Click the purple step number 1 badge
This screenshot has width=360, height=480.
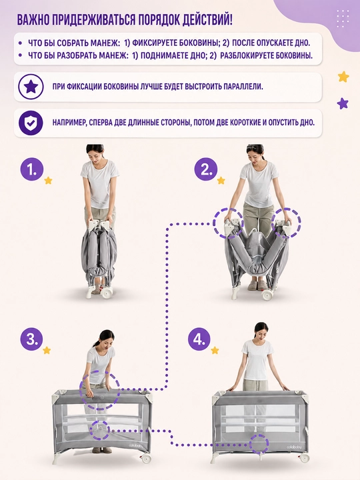pos(32,169)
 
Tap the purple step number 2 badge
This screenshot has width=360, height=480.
pos(206,169)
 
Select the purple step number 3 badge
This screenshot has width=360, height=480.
pos(32,339)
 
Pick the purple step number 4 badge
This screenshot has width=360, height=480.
pos(199,339)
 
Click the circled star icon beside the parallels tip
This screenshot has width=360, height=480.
pos(31,87)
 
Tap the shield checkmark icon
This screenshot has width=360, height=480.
pos(31,123)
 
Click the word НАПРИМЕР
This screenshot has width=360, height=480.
pos(69,123)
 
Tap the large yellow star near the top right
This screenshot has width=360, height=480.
pos(343,77)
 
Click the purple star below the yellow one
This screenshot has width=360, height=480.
pos(343,103)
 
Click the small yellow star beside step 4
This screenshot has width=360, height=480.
pos(215,350)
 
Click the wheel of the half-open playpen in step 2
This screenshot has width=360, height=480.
pos(267,295)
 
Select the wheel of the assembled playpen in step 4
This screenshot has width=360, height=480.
pos(305,458)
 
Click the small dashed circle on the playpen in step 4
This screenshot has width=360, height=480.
pos(259,444)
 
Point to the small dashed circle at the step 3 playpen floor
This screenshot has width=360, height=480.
pos(100,431)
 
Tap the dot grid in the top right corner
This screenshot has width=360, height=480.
pos(343,19)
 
